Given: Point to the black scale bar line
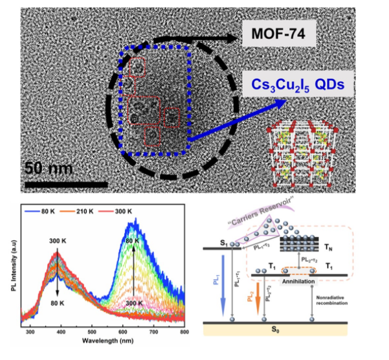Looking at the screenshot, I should pos(65,184).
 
